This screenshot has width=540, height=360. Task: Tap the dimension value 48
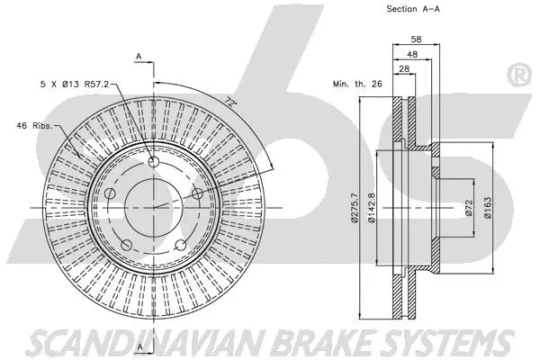tap(411, 55)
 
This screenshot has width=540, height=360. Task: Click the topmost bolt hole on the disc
tap(153, 163)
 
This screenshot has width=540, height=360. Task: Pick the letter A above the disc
tap(139, 58)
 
